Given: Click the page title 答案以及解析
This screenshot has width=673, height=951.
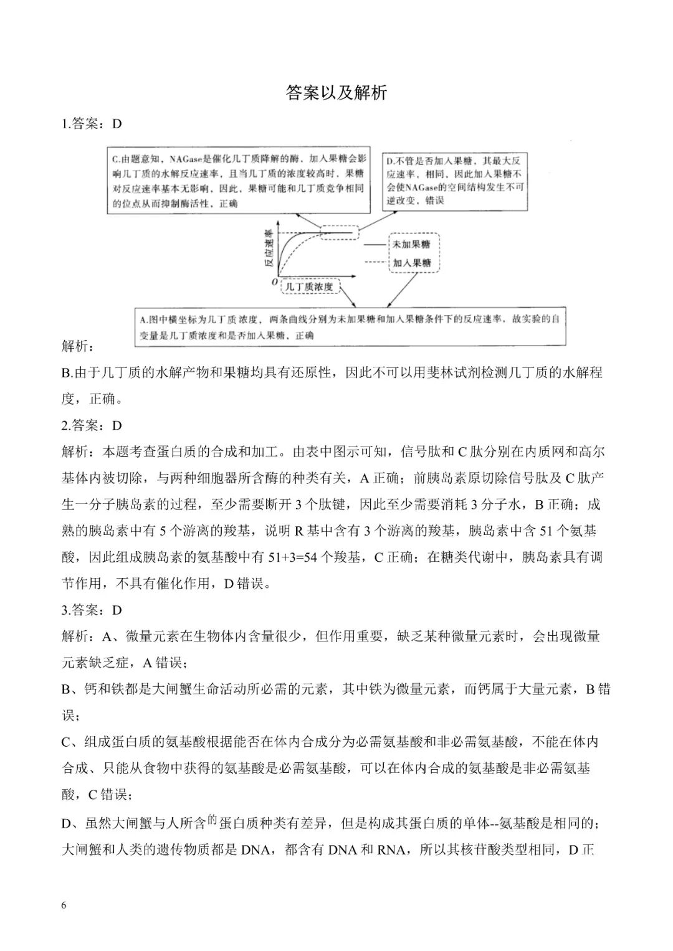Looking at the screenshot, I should (x=336, y=93).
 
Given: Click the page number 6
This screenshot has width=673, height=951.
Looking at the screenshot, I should (x=64, y=905).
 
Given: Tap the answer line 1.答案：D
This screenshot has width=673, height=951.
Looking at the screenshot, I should (x=92, y=123).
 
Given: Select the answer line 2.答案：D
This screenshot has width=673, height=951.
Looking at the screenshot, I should (x=92, y=425).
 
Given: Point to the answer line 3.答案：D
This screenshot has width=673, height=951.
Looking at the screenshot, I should (x=92, y=610).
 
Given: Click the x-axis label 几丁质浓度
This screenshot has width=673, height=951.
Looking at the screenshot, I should (x=309, y=287).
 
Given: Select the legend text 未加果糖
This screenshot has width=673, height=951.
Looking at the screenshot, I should (x=412, y=244).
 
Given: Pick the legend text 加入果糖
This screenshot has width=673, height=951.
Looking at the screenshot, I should (x=412, y=263).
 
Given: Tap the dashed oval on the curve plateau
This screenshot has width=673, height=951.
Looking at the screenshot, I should (x=340, y=233).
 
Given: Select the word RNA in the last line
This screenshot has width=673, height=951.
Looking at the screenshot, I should (x=391, y=849).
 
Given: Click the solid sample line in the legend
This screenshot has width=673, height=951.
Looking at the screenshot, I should (x=375, y=244).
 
